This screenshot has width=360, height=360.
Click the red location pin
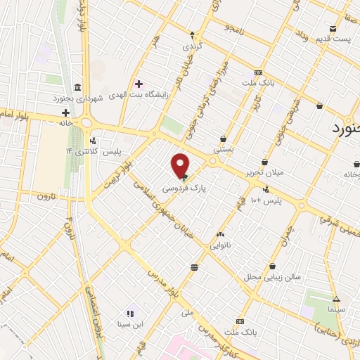pyautogui.click(x=181, y=166)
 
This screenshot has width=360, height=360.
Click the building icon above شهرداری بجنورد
pyautogui.click(x=77, y=87)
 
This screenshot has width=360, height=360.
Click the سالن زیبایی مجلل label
pyautogui.click(x=278, y=276)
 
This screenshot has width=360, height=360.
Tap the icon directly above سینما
pyautogui.click(x=336, y=298)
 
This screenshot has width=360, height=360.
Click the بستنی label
pyautogui.click(x=223, y=150)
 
